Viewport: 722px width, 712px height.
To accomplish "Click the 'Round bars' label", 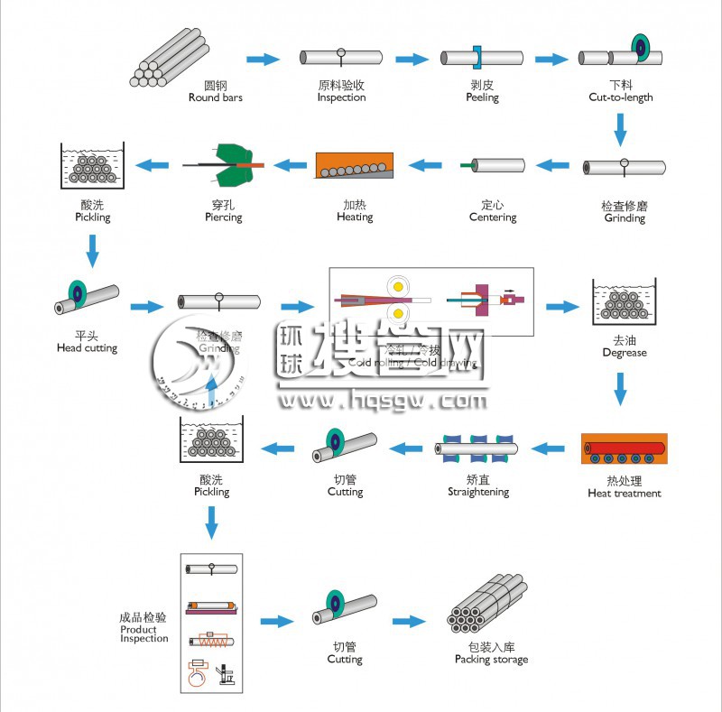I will tap(216, 97).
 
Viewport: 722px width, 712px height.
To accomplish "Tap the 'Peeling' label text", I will tap(482, 97).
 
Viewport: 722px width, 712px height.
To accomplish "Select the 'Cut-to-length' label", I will tap(621, 97).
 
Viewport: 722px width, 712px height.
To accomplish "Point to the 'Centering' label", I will tap(493, 217).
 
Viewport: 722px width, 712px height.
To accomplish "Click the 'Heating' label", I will tap(355, 217).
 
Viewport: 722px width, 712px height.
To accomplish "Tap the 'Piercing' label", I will tap(222, 217).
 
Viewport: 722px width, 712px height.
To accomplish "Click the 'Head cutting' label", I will tap(87, 348).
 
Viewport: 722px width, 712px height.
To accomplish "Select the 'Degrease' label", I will tap(625, 353).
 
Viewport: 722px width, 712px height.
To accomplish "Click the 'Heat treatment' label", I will tap(625, 494).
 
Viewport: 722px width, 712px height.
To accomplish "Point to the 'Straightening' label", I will tap(478, 493).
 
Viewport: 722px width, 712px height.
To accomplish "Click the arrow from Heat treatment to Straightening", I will tap(548, 446).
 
